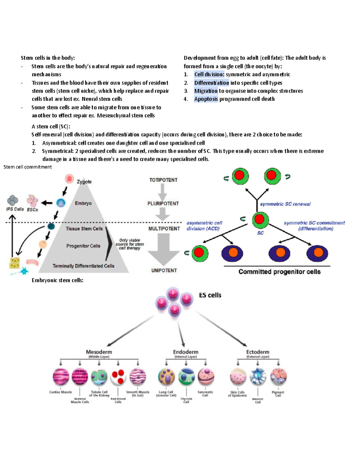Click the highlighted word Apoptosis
point(206,99)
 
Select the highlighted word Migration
point(206,91)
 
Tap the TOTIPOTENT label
point(163,180)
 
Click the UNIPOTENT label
point(164,270)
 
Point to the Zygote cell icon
point(69,179)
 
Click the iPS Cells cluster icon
point(13,200)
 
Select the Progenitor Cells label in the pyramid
point(83,246)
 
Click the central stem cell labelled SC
point(260,220)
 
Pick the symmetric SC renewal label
point(285,204)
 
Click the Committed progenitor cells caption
point(279,272)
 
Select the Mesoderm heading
point(99,352)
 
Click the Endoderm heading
point(185,352)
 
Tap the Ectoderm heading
point(257,352)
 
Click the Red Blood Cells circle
point(118,377)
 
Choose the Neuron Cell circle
point(258,377)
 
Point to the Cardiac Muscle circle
point(61,377)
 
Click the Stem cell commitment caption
point(28,167)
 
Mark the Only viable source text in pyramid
point(130,244)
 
